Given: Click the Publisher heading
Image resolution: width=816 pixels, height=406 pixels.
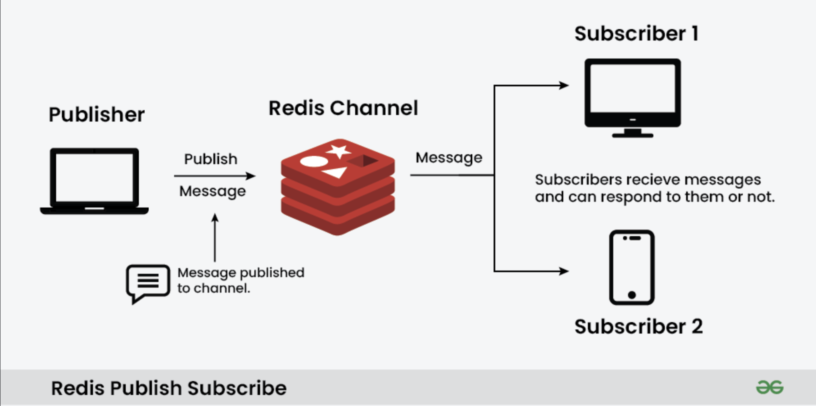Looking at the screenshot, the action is pos(97,114).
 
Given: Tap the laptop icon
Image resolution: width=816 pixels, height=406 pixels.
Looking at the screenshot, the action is pos(94,181).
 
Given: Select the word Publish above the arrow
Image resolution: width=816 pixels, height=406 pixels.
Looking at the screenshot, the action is pos(211,159).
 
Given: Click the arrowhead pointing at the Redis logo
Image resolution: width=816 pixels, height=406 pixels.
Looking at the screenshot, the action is pos(251,176).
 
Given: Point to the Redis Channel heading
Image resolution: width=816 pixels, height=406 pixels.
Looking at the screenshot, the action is pos(343,108).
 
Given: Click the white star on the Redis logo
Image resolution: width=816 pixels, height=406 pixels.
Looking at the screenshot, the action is pos(339,151).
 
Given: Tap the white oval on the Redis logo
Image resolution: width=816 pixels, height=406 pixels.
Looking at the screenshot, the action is pos(314,161).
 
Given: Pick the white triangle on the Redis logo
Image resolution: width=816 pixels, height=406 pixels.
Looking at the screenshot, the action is pos(336,172).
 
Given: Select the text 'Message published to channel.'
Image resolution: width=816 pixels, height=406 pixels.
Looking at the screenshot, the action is pos(241,280).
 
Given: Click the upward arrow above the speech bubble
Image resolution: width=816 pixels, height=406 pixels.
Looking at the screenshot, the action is pos(215,237).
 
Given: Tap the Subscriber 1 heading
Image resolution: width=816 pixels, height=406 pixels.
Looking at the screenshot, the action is pos(636,33).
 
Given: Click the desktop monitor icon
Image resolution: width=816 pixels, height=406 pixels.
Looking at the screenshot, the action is pos(632,98).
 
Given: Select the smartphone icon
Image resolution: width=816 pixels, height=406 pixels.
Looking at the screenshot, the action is pos(632,268).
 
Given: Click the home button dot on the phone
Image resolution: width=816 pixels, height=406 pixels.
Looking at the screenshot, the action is pos(632,295).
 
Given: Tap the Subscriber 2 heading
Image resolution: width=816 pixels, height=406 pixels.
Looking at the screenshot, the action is pos(638,327).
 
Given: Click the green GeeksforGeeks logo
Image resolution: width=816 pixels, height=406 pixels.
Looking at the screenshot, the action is pos(770,387).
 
